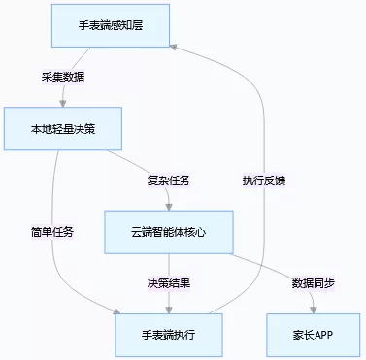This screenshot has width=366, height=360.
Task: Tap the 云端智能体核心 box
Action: coord(168,232)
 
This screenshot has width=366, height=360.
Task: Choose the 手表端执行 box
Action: coord(168,335)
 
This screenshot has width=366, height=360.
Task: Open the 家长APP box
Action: coord(312,335)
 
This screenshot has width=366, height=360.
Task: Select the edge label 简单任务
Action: coord(51,232)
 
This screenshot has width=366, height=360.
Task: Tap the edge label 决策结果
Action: coord(168,283)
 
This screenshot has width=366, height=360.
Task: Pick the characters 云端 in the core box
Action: coord(143,232)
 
